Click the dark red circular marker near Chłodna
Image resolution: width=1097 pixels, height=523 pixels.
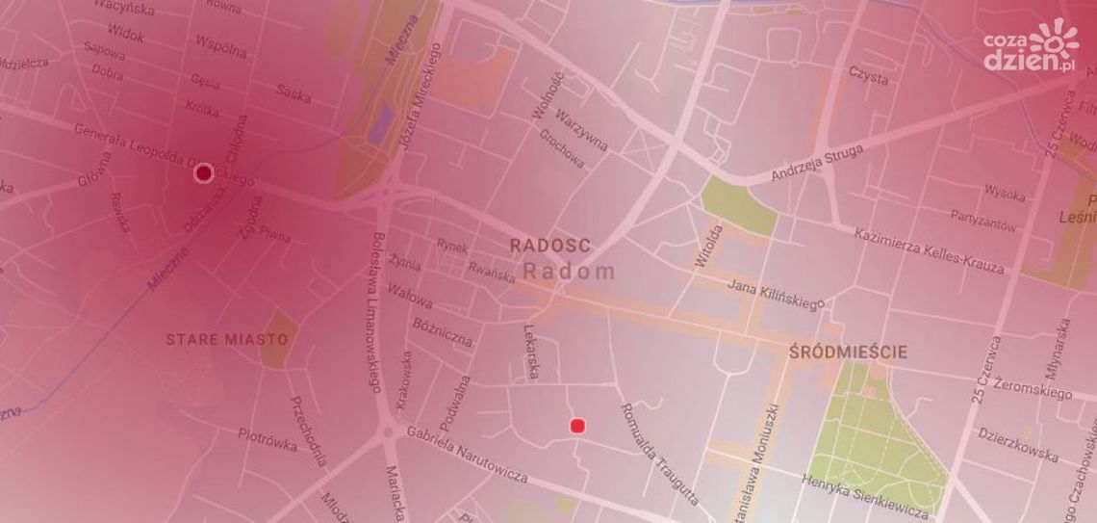[203, 173]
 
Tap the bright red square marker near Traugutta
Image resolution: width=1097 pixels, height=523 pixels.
[577, 426]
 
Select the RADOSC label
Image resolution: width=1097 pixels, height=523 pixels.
[550, 246]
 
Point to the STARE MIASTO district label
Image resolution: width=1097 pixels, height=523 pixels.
[227, 340]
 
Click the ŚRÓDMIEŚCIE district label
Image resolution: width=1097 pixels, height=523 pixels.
[848, 353]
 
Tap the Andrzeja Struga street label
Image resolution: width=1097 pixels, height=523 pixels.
[818, 163]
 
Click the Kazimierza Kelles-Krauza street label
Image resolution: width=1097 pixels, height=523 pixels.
[929, 250]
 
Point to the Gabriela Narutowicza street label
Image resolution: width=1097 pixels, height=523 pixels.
[467, 456]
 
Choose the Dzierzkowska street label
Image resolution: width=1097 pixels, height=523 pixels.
[1019, 444]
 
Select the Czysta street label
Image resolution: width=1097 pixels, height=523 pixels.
[867, 76]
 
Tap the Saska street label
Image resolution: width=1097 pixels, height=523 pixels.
[293, 92]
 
